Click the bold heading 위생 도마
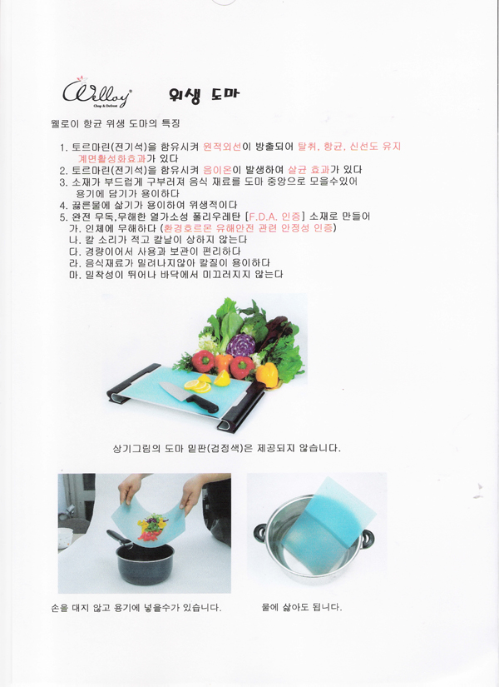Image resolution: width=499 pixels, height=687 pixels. [205, 94]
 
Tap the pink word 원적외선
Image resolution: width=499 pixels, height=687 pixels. [222, 147]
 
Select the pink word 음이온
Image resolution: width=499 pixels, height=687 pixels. [218, 170]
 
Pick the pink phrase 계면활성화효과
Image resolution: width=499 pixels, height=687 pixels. [111, 158]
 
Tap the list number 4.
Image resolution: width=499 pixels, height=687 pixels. [62, 205]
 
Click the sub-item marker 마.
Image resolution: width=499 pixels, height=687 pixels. [73, 275]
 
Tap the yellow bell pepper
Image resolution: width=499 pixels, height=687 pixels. [267, 375]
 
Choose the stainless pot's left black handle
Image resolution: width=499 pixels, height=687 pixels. [259, 534]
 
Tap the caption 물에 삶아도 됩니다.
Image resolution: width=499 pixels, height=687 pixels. [302, 607]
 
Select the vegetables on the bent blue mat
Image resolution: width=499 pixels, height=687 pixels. [151, 528]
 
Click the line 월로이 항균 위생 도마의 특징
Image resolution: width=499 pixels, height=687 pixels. [116, 124]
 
